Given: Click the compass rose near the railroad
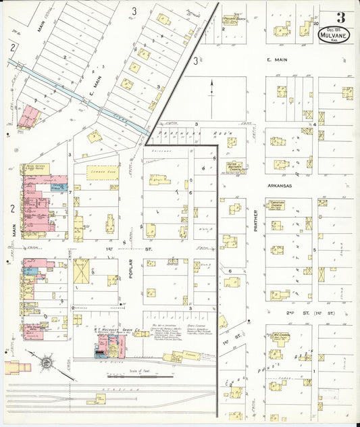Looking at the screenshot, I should pyautogui.click(x=46, y=363).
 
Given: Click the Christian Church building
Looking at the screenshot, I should pyautogui.click(x=277, y=205).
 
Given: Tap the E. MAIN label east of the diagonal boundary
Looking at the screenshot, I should pyautogui.click(x=278, y=60).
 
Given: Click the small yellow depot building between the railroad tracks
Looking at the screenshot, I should pyautogui.click(x=95, y=399).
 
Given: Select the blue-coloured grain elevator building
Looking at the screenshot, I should pyautogui.click(x=99, y=345).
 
